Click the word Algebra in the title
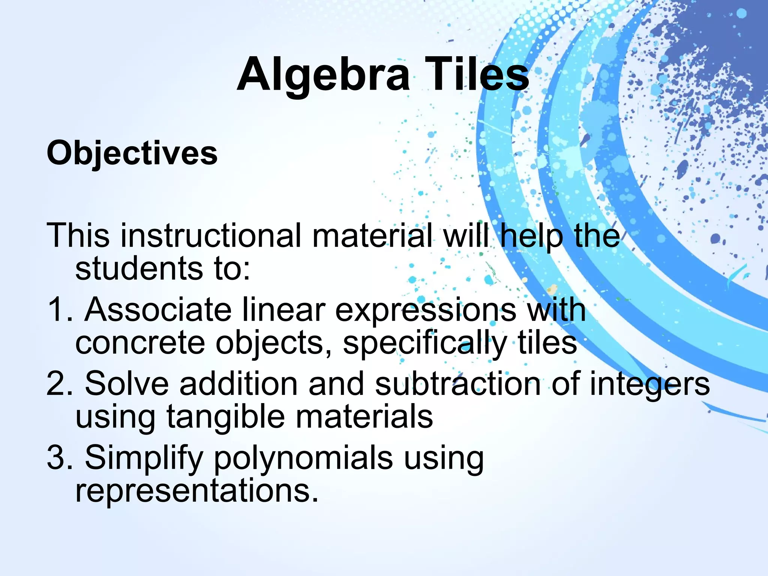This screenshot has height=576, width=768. coord(323,75)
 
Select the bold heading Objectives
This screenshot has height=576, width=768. coord(132,153)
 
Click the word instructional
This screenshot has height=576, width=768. coord(211,235)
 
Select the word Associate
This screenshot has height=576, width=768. coord(158,310)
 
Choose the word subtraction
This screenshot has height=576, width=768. coord(458,383)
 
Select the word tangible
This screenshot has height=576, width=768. coord(225,417)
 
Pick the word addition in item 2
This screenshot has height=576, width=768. coord(238,383)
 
